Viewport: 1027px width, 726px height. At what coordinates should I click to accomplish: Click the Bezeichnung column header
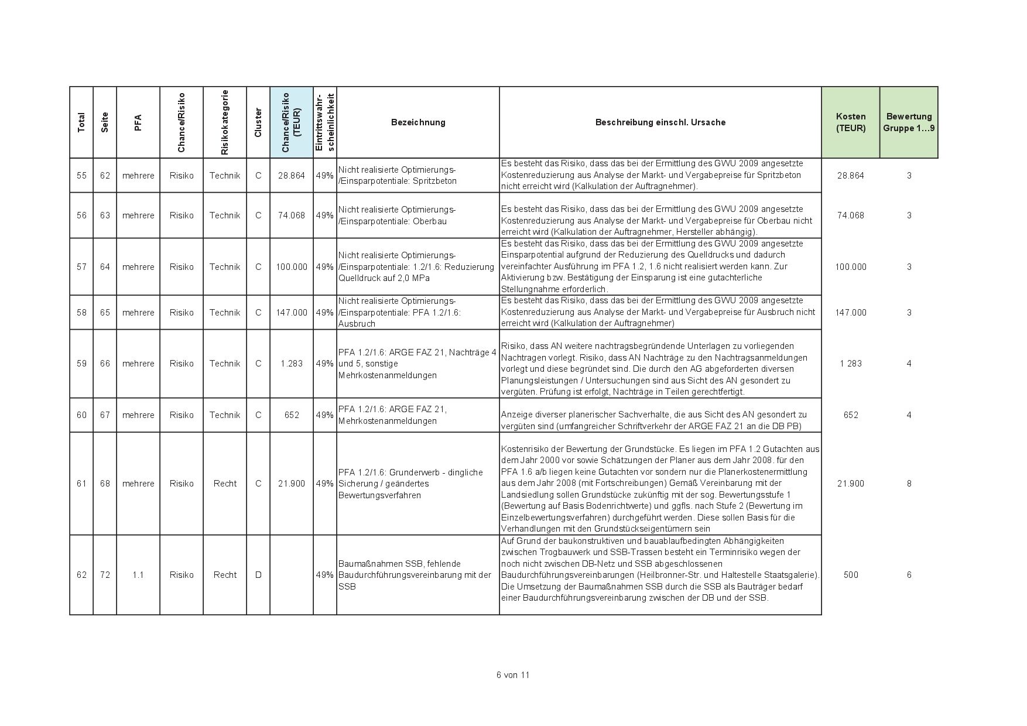click(417, 122)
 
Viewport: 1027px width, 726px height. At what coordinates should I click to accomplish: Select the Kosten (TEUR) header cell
click(850, 122)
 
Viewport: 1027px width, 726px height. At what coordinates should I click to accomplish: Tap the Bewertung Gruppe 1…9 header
click(909, 122)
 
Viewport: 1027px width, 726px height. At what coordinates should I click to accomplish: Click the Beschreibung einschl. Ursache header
click(660, 122)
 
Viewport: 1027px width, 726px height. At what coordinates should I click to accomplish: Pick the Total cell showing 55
click(81, 176)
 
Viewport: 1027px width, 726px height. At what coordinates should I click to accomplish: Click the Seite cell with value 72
click(105, 575)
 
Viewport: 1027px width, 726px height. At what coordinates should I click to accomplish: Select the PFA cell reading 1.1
click(138, 575)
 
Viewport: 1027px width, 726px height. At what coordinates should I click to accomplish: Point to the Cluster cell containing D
click(258, 575)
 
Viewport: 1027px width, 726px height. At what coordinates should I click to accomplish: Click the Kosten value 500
click(850, 575)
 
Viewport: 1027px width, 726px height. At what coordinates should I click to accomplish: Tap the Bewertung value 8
click(909, 484)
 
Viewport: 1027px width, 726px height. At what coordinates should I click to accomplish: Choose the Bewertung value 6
click(909, 575)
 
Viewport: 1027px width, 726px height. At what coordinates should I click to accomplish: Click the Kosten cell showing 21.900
click(850, 484)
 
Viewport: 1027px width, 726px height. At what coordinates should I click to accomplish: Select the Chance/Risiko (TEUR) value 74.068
click(292, 215)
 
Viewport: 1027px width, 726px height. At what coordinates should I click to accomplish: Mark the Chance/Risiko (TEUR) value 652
click(292, 415)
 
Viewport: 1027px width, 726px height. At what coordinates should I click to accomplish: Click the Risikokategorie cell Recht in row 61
click(225, 484)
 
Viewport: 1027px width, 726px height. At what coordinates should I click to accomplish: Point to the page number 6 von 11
click(513, 675)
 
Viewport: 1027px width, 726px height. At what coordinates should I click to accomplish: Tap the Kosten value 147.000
click(850, 313)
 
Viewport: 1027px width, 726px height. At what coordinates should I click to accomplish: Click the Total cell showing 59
click(81, 364)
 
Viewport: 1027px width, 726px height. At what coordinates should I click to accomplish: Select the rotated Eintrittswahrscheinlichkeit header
click(324, 122)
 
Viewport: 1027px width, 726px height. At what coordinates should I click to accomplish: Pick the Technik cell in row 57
click(225, 267)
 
